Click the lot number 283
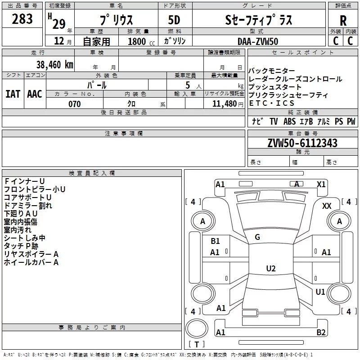tap(22, 19)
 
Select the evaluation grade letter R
tap(343, 20)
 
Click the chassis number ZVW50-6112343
tap(302, 144)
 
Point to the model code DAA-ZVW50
tap(258, 41)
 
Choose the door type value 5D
tap(174, 20)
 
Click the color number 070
tap(74, 104)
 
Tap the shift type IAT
tap(13, 94)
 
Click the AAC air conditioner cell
tap(34, 94)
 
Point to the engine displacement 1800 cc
tap(138, 41)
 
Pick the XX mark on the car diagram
tap(327, 206)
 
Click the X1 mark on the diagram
tap(321, 184)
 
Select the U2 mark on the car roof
tap(270, 269)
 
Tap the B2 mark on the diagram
tap(321, 333)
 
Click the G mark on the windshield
tap(257, 237)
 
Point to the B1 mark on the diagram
tap(215, 241)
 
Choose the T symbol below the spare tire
tap(196, 345)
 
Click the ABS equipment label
tap(289, 121)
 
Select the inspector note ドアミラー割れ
tap(28, 206)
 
